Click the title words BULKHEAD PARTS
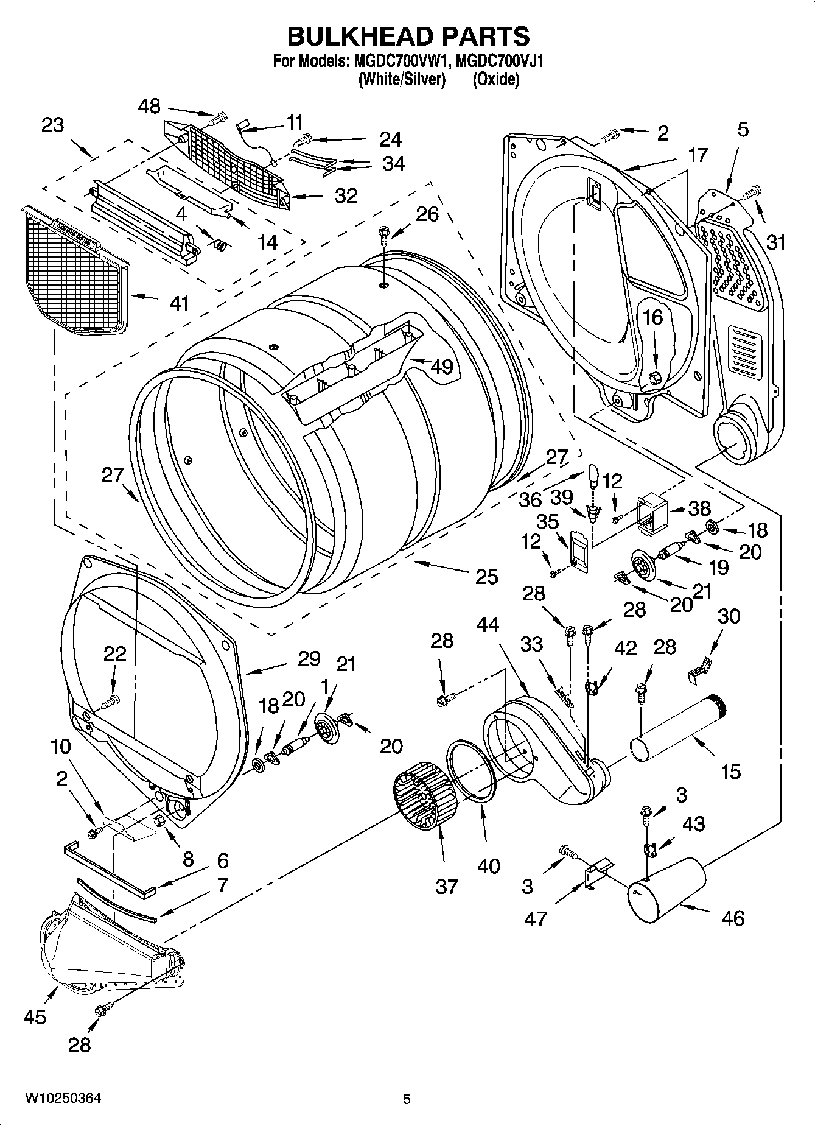(x=408, y=37)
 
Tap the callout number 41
(x=179, y=303)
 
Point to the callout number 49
(x=441, y=367)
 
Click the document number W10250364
(x=63, y=1099)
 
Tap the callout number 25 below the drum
(x=486, y=576)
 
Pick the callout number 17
(x=698, y=155)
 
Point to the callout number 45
(x=35, y=1016)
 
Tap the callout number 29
(x=309, y=660)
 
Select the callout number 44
(x=488, y=625)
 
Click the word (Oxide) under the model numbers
(x=496, y=79)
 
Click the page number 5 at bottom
(x=407, y=1099)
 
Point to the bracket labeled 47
(x=596, y=874)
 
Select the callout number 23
(x=53, y=125)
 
